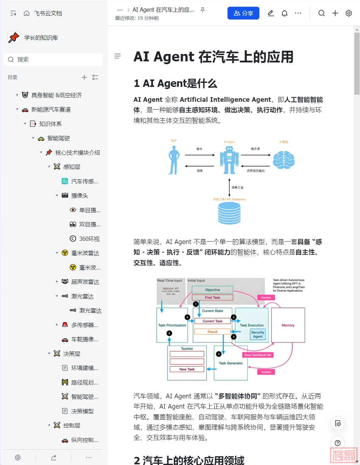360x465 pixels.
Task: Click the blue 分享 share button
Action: [x=243, y=13]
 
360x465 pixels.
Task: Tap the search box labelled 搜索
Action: [x=53, y=60]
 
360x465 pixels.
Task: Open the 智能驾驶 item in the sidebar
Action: [x=58, y=138]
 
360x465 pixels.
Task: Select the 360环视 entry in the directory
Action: [x=89, y=239]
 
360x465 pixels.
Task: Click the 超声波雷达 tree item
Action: [x=85, y=282]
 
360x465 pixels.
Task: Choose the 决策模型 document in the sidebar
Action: [x=82, y=411]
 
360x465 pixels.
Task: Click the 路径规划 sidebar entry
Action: [x=84, y=382]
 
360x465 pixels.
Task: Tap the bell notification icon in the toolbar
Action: [x=285, y=13]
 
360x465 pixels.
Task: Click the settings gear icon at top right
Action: [x=349, y=13]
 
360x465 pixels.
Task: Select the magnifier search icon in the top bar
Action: [x=321, y=13]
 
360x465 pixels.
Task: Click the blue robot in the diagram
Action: [x=229, y=160]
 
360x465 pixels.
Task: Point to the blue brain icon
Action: [x=284, y=160]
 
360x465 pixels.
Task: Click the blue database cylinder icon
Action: [x=229, y=213]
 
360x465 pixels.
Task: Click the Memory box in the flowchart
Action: [x=288, y=325]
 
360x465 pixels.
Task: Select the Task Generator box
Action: [x=231, y=363]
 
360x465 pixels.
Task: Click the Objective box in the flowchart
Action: [x=213, y=290]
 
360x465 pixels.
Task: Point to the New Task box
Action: [x=187, y=369]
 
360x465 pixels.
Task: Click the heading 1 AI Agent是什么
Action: [x=175, y=83]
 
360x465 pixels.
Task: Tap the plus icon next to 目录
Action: [x=84, y=77]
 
